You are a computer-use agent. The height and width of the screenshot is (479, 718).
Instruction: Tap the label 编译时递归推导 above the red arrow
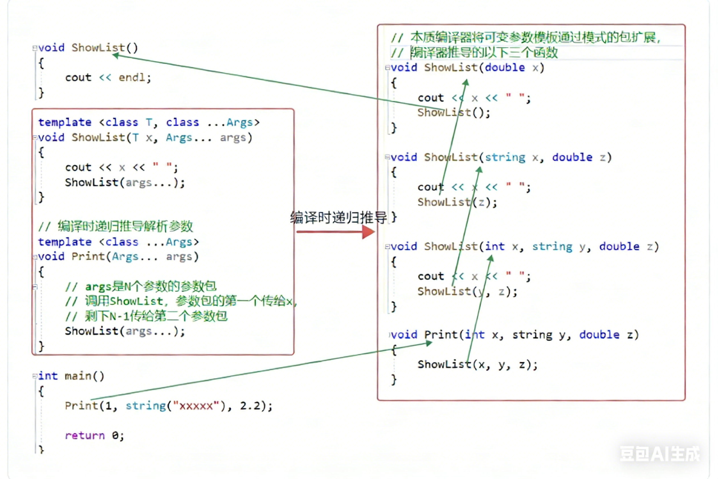tap(338, 217)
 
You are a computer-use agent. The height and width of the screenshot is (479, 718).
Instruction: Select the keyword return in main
tap(85, 435)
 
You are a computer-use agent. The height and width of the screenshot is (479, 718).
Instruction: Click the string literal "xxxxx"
tap(196, 406)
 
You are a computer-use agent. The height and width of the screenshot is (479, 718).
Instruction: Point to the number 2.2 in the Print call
tap(250, 406)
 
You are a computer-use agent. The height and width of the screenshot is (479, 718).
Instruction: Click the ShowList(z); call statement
tap(457, 202)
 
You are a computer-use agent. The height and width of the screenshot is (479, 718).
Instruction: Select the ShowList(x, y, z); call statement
tap(477, 364)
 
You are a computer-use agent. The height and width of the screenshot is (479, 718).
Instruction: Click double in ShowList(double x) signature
tap(505, 68)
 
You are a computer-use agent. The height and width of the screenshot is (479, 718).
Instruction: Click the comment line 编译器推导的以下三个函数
tap(474, 53)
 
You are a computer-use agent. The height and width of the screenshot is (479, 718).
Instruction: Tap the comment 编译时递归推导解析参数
tap(116, 226)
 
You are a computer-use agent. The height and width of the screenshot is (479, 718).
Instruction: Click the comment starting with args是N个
tap(141, 286)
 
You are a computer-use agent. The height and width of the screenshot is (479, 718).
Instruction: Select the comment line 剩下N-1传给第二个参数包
tap(146, 316)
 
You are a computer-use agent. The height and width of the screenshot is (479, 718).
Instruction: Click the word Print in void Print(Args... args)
tap(88, 257)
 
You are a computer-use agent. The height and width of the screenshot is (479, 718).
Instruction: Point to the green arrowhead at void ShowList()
tap(115, 55)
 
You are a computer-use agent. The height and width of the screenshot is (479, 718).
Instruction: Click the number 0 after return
tap(115, 435)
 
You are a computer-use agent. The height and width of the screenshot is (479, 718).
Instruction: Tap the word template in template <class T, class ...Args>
tap(65, 123)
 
